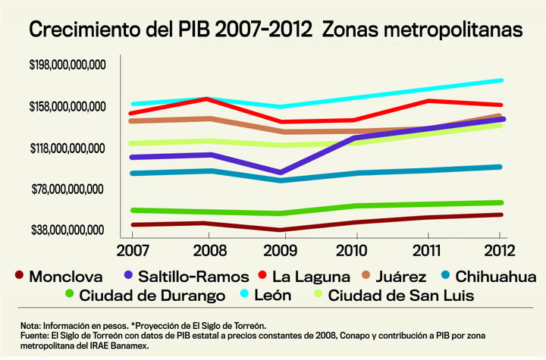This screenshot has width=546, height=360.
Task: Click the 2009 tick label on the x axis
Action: point(280,249)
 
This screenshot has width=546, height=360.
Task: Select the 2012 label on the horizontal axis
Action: point(501,249)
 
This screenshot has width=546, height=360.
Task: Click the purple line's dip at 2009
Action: point(280,172)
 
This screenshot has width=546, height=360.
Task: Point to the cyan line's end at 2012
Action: point(501,80)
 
